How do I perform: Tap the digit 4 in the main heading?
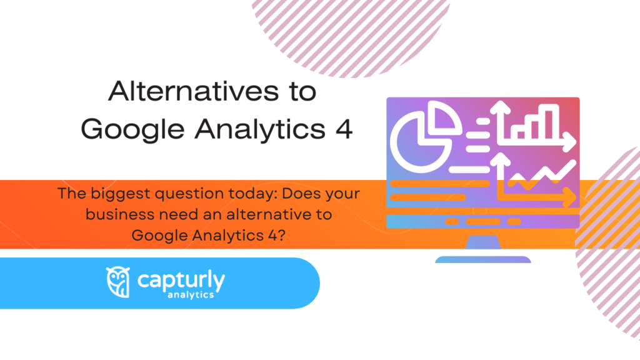point(342,129)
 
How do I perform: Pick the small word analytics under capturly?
point(191,294)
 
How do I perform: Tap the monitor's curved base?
point(482,259)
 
